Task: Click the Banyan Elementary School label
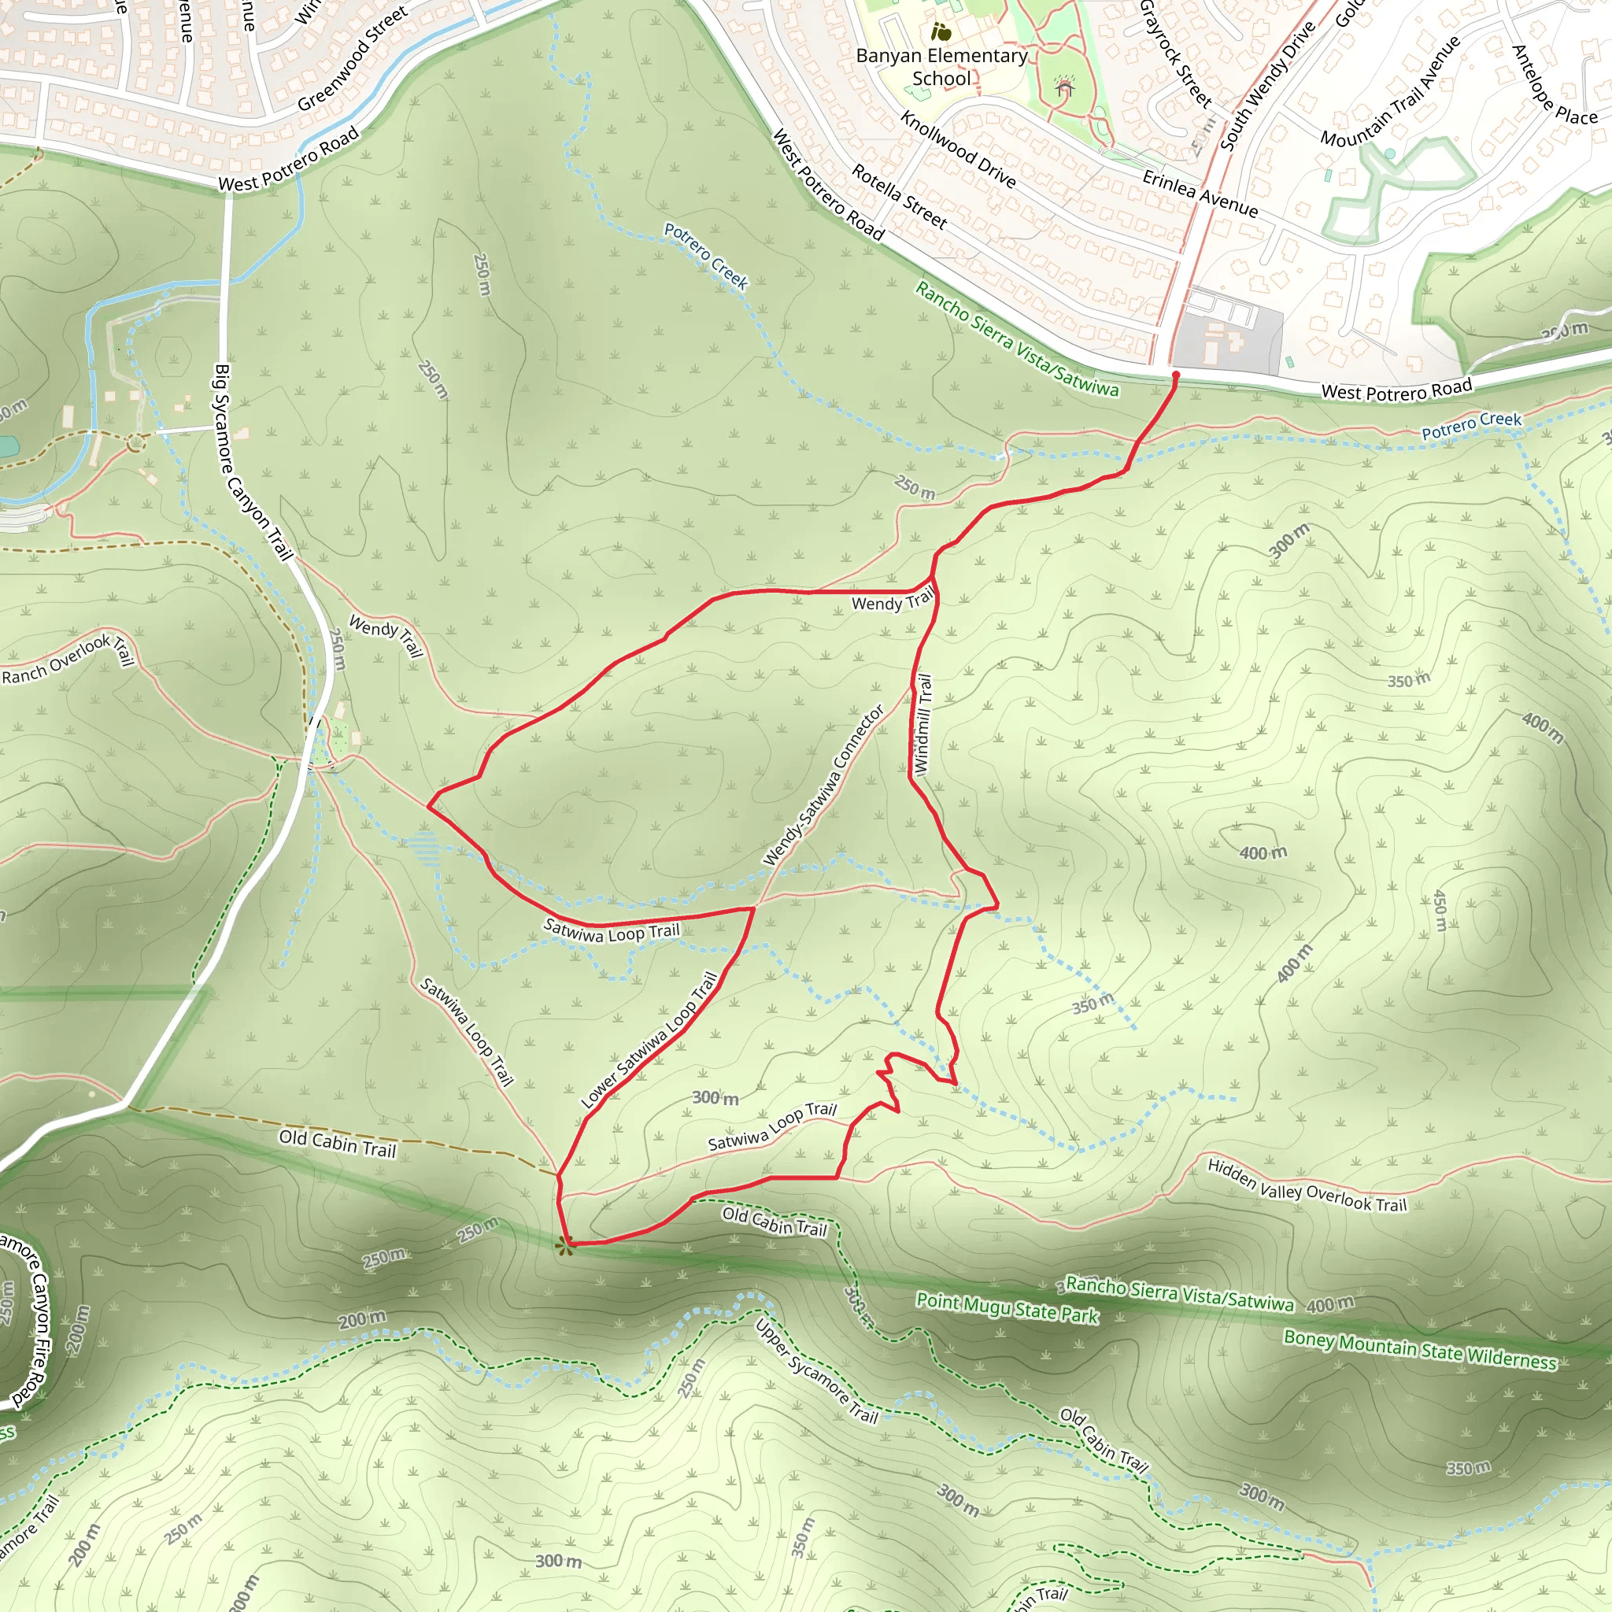pos(941,67)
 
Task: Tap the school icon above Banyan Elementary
pos(941,32)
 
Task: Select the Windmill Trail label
pos(922,723)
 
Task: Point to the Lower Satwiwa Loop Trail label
pos(650,1040)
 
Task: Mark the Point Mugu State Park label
pos(1007,1307)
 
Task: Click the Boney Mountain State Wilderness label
pos(1420,1349)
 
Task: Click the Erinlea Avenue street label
pos(1200,194)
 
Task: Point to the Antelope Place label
pos(1555,85)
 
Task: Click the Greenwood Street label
pos(352,58)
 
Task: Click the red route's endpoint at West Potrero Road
pos(1176,375)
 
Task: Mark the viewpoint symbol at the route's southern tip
pos(565,1248)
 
